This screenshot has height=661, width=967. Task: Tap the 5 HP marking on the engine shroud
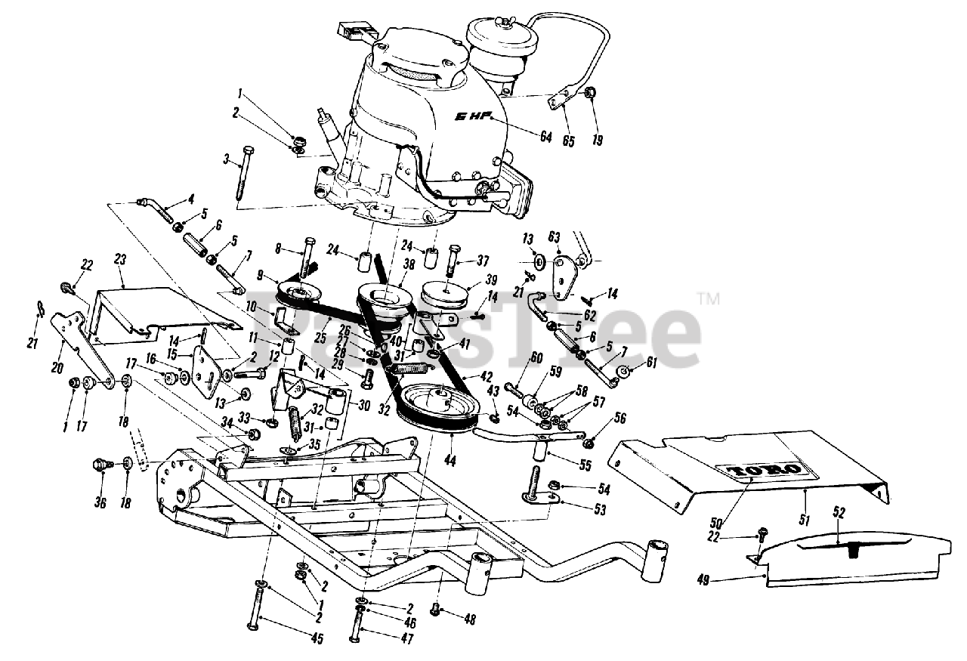(x=471, y=117)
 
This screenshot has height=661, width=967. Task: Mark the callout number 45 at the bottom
(x=317, y=639)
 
